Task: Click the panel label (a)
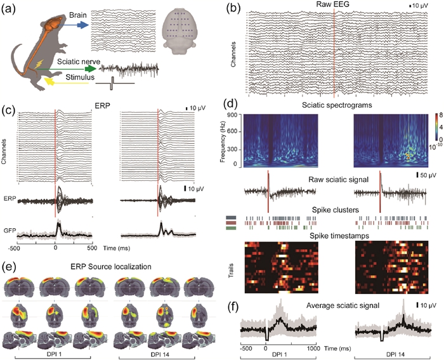[10, 10]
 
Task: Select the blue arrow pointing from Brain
[77, 24]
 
